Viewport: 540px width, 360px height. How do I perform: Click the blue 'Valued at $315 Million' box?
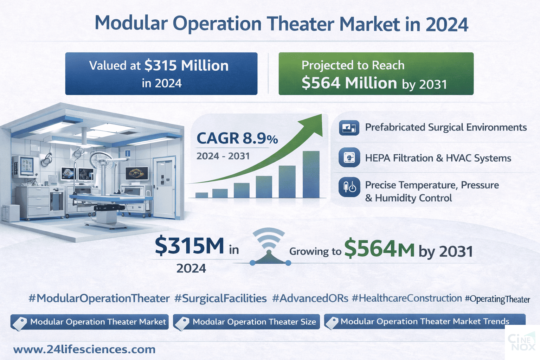(x=161, y=73)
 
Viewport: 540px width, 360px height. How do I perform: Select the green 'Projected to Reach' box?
(x=376, y=73)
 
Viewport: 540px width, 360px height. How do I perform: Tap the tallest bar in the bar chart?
(x=311, y=174)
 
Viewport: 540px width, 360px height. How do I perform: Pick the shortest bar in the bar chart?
(x=201, y=195)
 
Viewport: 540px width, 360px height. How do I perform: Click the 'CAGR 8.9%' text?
(x=237, y=139)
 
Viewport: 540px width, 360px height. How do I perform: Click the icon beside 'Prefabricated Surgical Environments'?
(x=349, y=128)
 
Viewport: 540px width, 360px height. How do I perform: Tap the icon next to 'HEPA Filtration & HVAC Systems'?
(x=349, y=158)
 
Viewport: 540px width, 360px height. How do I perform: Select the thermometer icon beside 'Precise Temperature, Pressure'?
(x=349, y=187)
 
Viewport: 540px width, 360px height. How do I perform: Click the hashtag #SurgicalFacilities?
(x=220, y=298)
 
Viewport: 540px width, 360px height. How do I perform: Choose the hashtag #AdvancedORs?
(x=310, y=298)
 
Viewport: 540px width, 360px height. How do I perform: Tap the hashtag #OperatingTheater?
(x=497, y=299)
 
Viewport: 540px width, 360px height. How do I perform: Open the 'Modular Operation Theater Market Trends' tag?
(x=425, y=322)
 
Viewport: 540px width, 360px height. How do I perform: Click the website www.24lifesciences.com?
(x=84, y=349)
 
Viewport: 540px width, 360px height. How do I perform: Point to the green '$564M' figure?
(x=379, y=249)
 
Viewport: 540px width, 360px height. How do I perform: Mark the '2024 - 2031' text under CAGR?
(x=223, y=156)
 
